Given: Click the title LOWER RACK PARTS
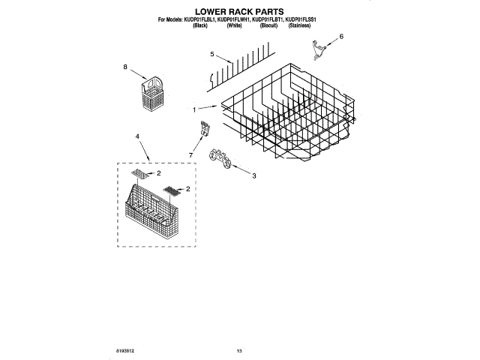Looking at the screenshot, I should click(x=240, y=11).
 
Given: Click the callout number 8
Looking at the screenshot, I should click(x=125, y=67).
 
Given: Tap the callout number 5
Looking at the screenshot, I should click(x=212, y=54).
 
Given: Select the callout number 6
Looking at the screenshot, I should click(x=341, y=36).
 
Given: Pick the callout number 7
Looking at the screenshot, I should click(x=191, y=155).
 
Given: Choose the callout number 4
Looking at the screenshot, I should click(x=137, y=136).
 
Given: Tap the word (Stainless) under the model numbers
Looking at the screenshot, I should click(x=300, y=26).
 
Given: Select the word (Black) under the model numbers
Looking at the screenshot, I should click(x=200, y=26).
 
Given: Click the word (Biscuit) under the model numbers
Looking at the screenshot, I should click(x=268, y=26).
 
